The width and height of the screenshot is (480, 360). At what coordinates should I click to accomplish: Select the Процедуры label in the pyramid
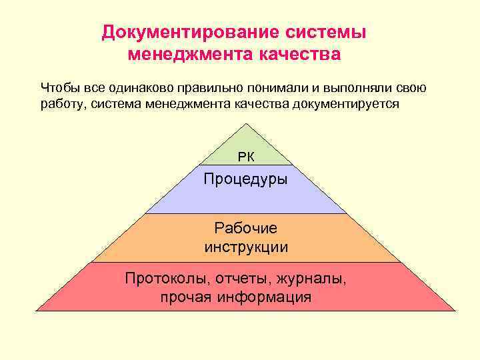246,179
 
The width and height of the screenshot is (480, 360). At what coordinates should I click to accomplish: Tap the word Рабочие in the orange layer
246,228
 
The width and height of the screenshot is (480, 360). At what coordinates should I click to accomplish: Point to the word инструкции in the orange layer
246,247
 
